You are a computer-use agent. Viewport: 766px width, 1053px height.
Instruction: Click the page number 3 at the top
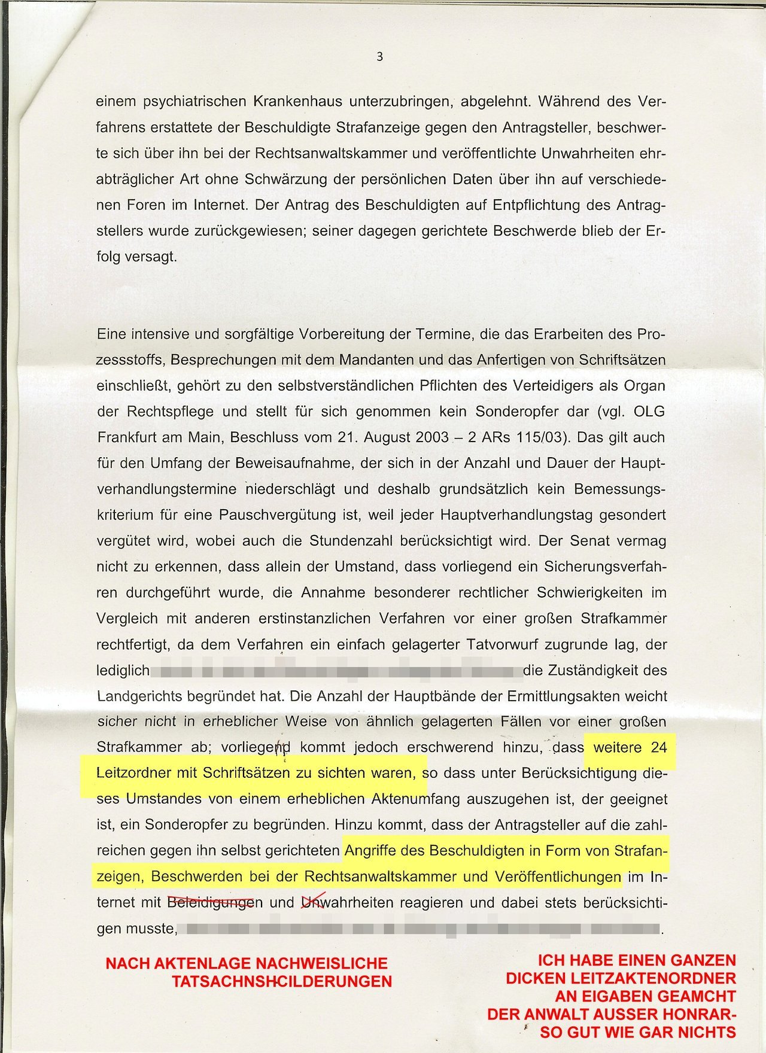click(x=379, y=57)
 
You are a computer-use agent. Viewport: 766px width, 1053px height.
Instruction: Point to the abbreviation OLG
click(x=649, y=412)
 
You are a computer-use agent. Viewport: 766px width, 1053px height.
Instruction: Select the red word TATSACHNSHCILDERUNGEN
click(x=282, y=981)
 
